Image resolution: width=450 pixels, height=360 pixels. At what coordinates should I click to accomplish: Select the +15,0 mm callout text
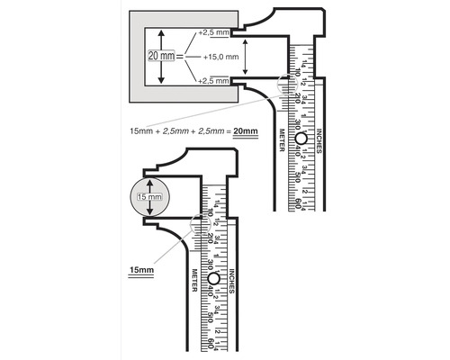(220, 57)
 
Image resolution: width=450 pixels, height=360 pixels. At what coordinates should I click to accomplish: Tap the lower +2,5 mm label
(214, 81)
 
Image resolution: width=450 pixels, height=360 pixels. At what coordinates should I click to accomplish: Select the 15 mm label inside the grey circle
(148, 197)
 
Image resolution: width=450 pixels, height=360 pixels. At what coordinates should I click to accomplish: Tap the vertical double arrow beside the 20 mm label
(161, 57)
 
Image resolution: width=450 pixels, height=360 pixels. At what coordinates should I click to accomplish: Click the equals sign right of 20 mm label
(181, 57)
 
